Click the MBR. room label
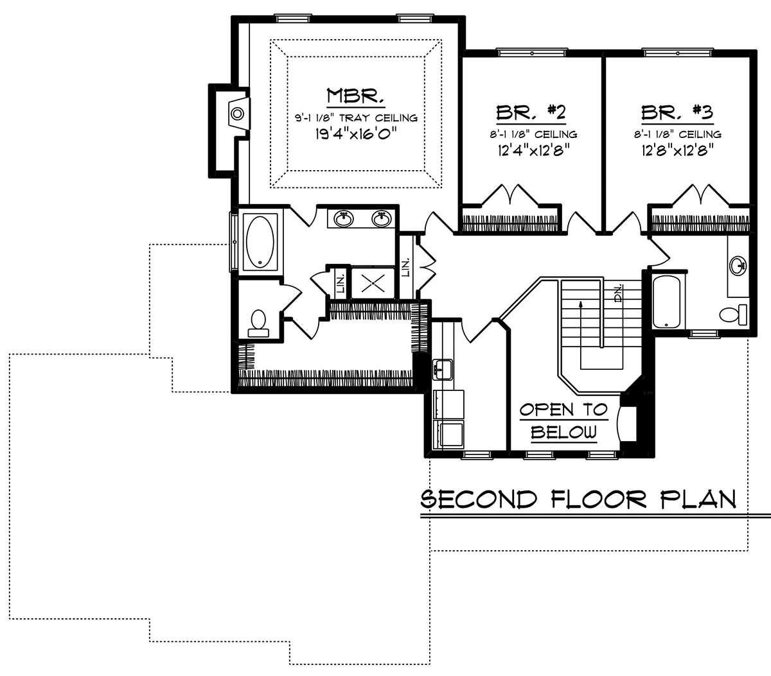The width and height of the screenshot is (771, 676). pos(355,96)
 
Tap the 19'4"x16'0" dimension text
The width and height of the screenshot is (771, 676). pos(356,134)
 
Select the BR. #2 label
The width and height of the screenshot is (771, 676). pos(531,112)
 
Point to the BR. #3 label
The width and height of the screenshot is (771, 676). pos(677,112)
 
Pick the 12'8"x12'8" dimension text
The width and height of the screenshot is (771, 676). pos(677,151)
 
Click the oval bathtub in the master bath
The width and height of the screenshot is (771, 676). pos(260,241)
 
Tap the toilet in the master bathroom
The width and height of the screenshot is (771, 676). pos(258,324)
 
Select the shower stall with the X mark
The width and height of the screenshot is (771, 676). pos(373,283)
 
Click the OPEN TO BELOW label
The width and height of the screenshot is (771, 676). pos(563,421)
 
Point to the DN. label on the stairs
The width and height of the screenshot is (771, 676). pos(618,293)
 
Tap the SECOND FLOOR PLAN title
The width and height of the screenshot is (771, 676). pos(578,499)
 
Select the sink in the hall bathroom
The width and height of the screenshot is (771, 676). pos(738,264)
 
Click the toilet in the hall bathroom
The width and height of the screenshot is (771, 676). pos(733,315)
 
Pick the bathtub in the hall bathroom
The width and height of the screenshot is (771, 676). pos(666,302)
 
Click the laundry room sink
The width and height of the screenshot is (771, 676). pos(443,369)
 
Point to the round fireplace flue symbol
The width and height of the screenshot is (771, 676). pos(238,113)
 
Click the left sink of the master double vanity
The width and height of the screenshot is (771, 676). pos(343,219)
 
